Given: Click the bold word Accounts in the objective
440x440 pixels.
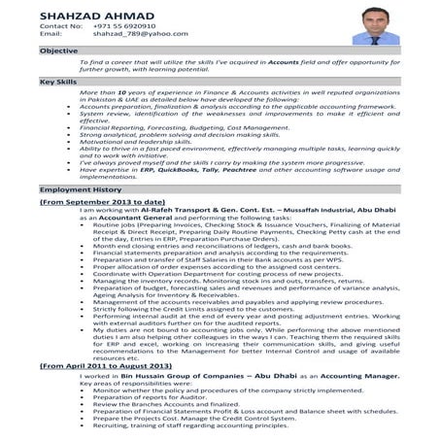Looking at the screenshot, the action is [x=282, y=61].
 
